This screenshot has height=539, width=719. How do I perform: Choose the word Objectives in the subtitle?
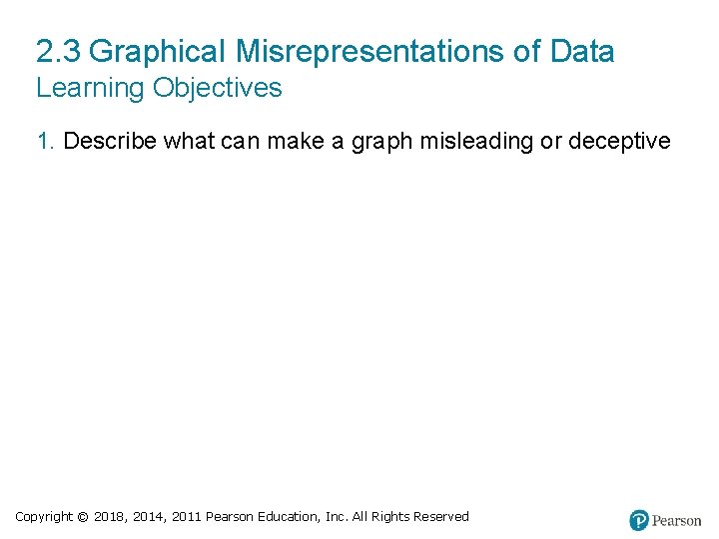point(218,88)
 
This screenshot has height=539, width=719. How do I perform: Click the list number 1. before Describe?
point(46,142)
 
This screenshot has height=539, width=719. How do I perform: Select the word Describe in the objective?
point(110,142)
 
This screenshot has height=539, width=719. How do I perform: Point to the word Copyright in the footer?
point(44,517)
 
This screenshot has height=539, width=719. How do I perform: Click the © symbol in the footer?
point(83,517)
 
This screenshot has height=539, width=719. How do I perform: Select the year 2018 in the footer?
point(110,517)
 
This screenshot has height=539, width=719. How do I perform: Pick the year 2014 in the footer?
point(149,517)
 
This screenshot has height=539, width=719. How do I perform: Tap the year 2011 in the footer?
point(187,517)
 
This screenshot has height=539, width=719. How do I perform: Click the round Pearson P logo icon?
point(639,520)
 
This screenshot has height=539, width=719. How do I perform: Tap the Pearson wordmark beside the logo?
point(677,521)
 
